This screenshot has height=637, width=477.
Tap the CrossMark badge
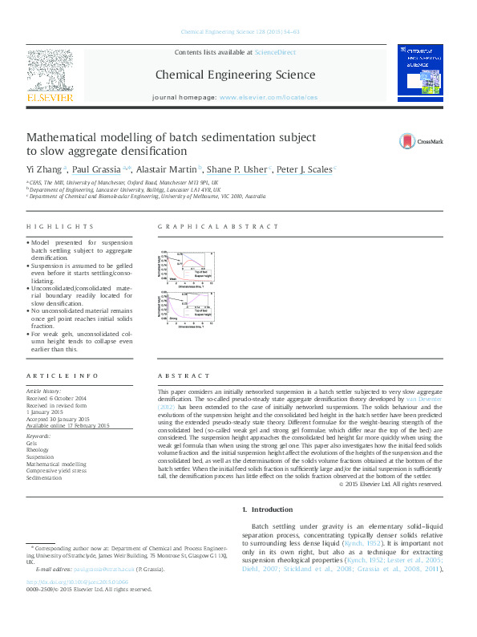422,142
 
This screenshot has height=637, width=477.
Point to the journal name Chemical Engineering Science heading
235,75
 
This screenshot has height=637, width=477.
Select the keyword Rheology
38,449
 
